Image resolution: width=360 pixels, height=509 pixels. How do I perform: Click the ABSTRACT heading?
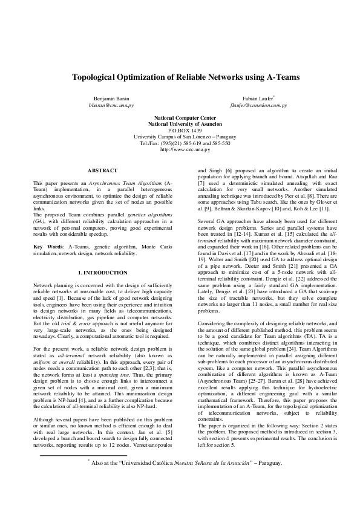[102, 171]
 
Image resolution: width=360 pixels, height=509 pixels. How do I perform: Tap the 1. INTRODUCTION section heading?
[102, 273]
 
